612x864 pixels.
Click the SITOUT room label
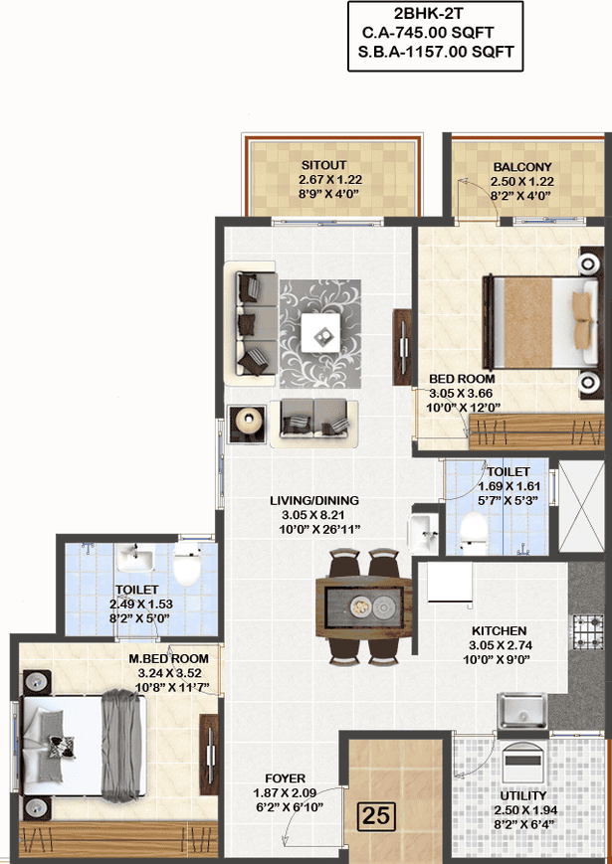[x=323, y=165]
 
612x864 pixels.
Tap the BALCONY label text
[x=522, y=167]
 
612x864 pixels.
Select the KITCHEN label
[x=499, y=631]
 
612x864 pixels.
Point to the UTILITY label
[x=522, y=795]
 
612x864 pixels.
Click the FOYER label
[x=285, y=778]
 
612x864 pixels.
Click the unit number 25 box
[x=376, y=815]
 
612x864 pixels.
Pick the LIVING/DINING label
[x=314, y=501]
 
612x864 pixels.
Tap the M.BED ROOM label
[x=169, y=659]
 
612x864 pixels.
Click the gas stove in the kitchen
[x=588, y=631]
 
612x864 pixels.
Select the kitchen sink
[x=522, y=711]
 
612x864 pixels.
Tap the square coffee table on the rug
[x=320, y=333]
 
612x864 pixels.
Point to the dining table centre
[x=364, y=607]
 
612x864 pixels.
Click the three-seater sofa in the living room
[x=251, y=323]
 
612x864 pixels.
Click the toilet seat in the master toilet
[x=186, y=564]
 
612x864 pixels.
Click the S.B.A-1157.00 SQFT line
[x=436, y=53]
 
